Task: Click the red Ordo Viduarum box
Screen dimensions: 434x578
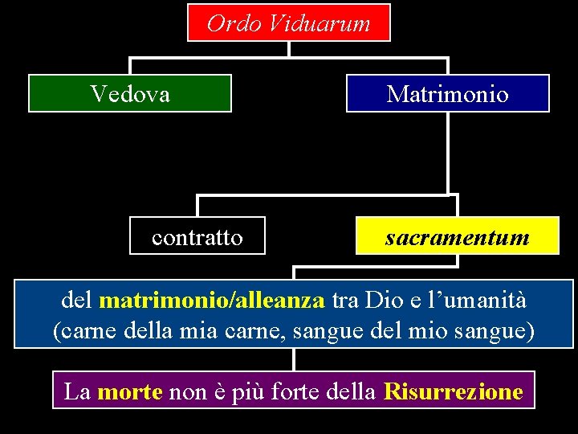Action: [x=289, y=23]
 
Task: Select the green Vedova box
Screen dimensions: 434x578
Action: [x=130, y=93]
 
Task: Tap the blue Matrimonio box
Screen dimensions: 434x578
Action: [x=447, y=93]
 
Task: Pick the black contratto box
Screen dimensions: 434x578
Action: [x=197, y=236]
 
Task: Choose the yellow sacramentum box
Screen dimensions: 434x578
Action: [x=457, y=236]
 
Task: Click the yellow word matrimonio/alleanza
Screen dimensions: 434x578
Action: [x=212, y=301]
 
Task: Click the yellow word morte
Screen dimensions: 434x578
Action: [x=129, y=391]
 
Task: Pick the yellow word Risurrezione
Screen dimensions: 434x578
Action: [x=454, y=391]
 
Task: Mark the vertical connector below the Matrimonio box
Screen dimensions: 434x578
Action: [x=448, y=153]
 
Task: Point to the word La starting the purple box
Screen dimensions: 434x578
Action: [x=77, y=391]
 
